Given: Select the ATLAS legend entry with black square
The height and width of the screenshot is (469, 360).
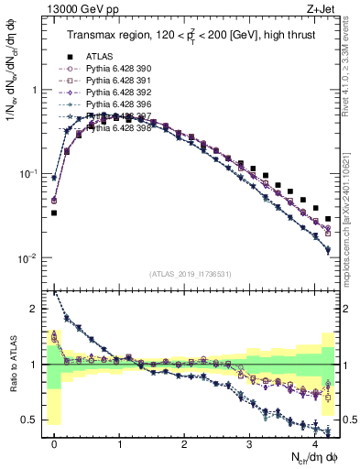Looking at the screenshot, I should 98,56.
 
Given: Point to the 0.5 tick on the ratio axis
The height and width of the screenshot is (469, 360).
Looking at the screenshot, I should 32,420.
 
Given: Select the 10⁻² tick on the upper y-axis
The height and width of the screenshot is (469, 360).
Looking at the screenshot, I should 29,258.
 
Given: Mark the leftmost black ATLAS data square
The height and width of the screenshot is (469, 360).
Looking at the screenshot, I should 54,213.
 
